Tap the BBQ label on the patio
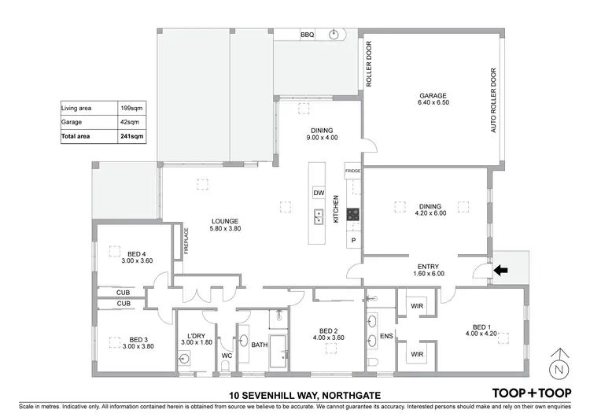pyautogui.click(x=307, y=35)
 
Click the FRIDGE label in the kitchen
pyautogui.click(x=352, y=170)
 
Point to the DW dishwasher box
pyautogui.click(x=318, y=193)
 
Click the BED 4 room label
pyautogui.click(x=137, y=254)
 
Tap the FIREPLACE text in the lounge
pyautogui.click(x=186, y=239)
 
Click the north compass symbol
pyautogui.click(x=559, y=363)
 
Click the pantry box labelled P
pyautogui.click(x=353, y=240)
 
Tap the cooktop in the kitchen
pyautogui.click(x=352, y=214)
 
